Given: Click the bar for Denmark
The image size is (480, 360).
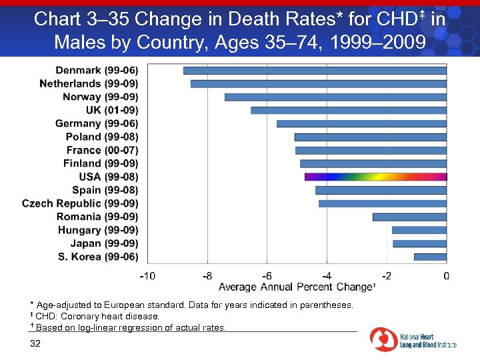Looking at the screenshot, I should click(x=315, y=70).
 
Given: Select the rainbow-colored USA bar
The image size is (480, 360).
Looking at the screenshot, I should click(x=375, y=177).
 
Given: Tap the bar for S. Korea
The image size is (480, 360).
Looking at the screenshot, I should click(x=430, y=257).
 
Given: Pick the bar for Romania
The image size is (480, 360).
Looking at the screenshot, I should click(x=409, y=217).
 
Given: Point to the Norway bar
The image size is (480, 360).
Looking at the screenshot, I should click(x=335, y=97).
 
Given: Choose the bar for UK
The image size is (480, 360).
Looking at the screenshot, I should click(x=349, y=110).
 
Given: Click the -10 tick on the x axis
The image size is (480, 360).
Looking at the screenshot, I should click(x=147, y=275).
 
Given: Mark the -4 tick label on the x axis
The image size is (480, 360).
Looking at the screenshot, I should click(x=327, y=275).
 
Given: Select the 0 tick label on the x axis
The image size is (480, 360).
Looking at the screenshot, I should click(x=446, y=275).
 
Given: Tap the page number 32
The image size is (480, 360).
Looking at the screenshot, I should click(x=35, y=343).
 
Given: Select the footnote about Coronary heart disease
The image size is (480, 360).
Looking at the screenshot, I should click(x=97, y=316).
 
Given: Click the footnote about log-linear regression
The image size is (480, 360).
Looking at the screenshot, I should click(x=130, y=327).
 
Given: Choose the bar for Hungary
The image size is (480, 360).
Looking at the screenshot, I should click(x=419, y=230).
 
